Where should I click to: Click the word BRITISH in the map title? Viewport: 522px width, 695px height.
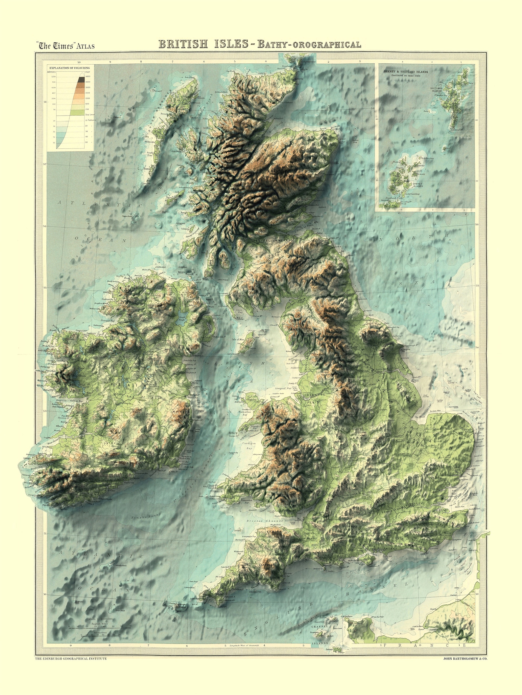click(183, 44)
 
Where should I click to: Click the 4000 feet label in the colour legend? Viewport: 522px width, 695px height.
click(88, 76)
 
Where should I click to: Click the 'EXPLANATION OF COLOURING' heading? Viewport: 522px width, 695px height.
click(69, 68)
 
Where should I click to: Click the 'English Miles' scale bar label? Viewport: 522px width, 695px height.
click(100, 623)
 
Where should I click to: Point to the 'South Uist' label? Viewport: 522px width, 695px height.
click(150, 154)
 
